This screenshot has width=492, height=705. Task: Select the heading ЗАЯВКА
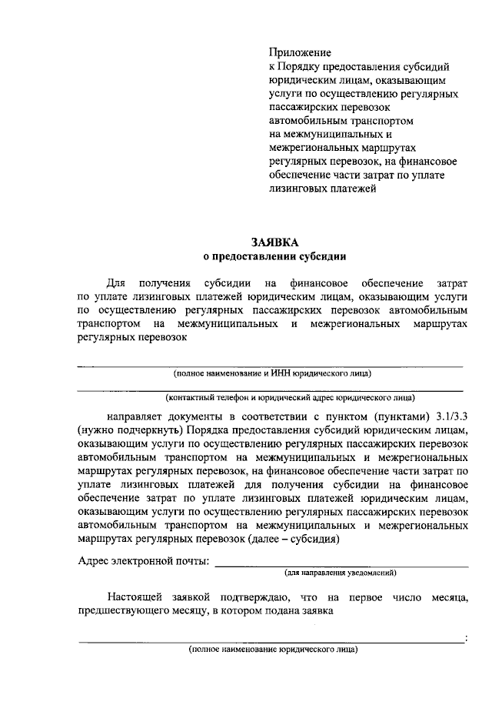[x=274, y=242]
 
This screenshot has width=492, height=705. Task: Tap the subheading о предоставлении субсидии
[x=274, y=256]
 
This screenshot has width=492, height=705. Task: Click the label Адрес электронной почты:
[x=144, y=560]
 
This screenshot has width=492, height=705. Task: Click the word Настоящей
[x=138, y=598]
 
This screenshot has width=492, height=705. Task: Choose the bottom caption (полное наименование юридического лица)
[x=273, y=650]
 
